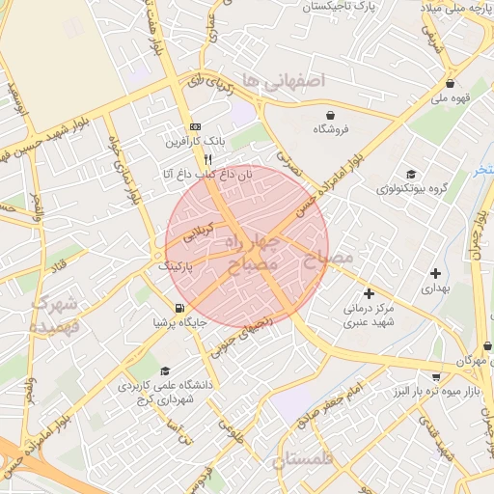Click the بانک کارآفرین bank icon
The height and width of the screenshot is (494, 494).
click(196, 126)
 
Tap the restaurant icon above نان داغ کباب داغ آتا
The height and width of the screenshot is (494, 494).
click(207, 159)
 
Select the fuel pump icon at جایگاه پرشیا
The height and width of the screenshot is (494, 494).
click(179, 310)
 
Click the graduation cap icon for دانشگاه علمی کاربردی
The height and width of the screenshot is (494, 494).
click(165, 370)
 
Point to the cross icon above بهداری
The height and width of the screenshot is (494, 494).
click(435, 274)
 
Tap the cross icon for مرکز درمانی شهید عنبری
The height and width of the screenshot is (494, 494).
click(368, 293)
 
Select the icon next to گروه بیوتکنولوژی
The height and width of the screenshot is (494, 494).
click(411, 173)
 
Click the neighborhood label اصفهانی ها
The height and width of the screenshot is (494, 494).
click(286, 78)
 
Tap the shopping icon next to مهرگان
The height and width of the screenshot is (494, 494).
click(487, 345)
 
